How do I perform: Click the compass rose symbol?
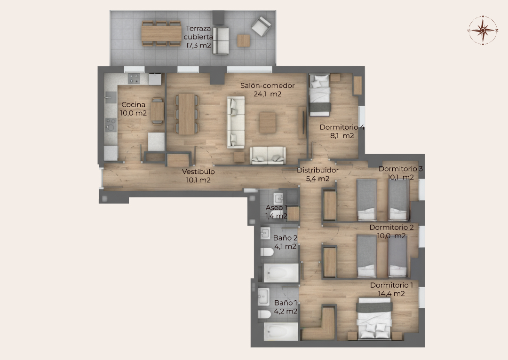(x=483, y=30)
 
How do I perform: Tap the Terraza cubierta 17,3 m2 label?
(x=198, y=37)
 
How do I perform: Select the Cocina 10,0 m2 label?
(x=134, y=109)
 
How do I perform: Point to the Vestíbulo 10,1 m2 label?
(x=198, y=176)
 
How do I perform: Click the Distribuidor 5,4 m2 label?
(x=318, y=174)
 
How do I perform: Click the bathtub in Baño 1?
(x=281, y=331)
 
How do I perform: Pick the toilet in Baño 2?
(x=267, y=251)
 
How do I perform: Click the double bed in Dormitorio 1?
(x=374, y=319)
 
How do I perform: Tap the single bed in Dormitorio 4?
(x=320, y=95)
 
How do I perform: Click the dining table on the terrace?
(x=161, y=33)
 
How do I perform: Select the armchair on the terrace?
(x=261, y=26)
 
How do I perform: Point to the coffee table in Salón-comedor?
(x=268, y=123)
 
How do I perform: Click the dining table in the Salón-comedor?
(x=187, y=114)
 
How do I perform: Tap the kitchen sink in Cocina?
(x=111, y=97)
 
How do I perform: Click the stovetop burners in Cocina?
(x=134, y=78)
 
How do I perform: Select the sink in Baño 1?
(x=264, y=297)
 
